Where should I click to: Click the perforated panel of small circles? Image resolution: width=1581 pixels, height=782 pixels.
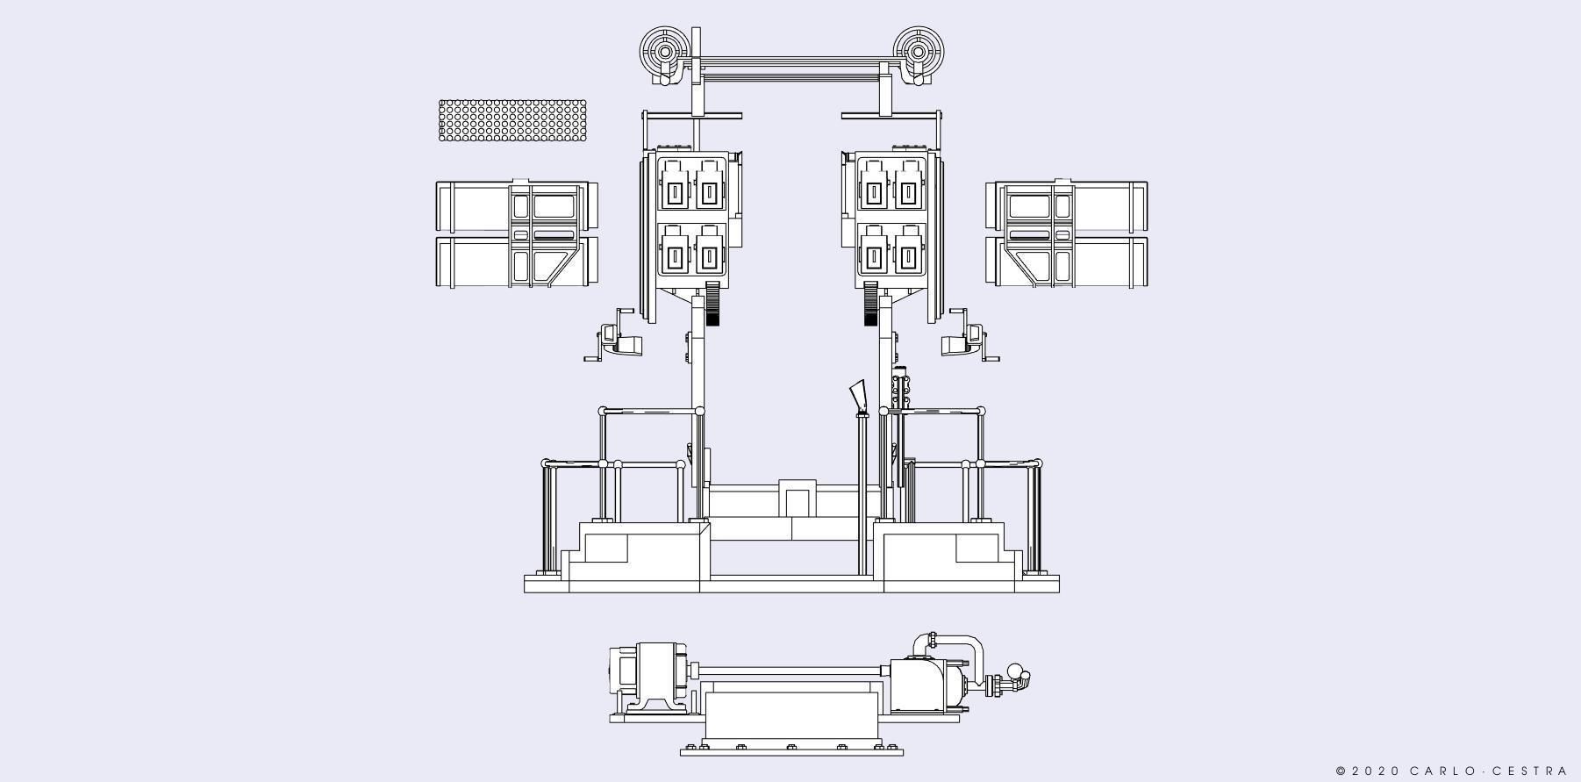pyautogui.click(x=512, y=120)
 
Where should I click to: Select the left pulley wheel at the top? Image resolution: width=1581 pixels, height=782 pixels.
pyautogui.click(x=665, y=52)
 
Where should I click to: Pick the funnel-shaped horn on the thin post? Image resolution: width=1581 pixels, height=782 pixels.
pyautogui.click(x=858, y=396)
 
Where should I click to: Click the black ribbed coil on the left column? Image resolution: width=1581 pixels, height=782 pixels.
pyautogui.click(x=712, y=304)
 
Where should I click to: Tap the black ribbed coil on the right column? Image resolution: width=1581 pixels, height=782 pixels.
pyautogui.click(x=870, y=304)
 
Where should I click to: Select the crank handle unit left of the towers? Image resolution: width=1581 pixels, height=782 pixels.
pyautogui.click(x=614, y=335)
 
